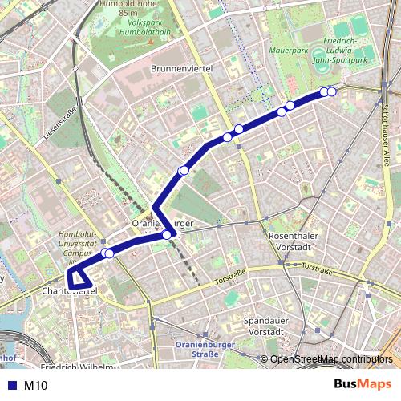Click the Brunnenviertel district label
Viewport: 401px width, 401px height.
(180, 70)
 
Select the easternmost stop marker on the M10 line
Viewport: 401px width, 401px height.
(331, 92)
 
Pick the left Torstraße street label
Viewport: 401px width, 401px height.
(231, 279)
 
